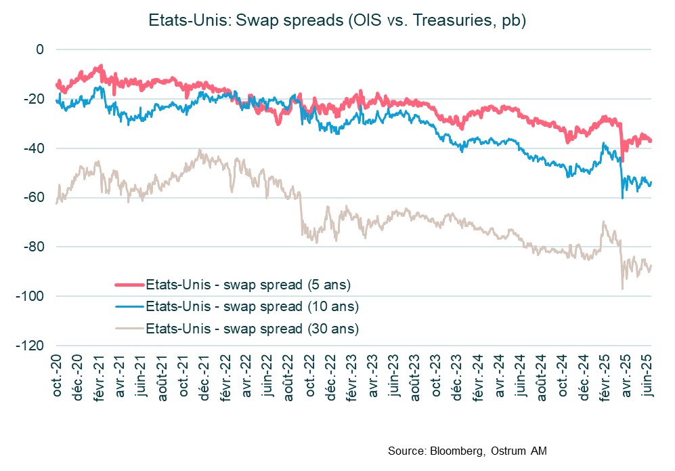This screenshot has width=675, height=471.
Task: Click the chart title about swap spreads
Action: click(337, 21)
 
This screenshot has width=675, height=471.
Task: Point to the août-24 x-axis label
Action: click(541, 373)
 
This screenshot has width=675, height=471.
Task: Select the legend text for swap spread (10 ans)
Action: click(252, 306)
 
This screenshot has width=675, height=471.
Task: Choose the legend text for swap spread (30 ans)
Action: click(252, 329)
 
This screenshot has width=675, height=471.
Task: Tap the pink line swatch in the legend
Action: click(129, 283)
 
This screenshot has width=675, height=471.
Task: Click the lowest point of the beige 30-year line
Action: click(622, 289)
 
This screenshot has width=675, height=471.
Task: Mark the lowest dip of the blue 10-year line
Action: click(622, 198)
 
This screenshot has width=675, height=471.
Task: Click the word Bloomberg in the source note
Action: click(454, 451)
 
